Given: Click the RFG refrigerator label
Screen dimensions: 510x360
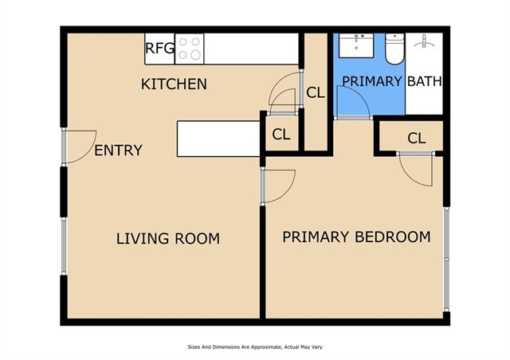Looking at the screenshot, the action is pos(159,49).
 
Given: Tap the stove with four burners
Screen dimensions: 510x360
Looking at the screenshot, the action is pos(190,49).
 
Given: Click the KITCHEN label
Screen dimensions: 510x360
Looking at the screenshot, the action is pos(174,84).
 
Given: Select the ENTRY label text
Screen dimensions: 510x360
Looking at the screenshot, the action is pos(119,151).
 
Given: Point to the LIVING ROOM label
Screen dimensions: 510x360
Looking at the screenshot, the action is pos(168,239).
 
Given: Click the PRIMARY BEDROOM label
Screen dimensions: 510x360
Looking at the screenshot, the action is pos(356,237).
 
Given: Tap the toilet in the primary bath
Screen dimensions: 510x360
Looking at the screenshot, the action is pos(395,49).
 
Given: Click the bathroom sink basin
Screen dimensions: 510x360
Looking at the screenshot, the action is pos(356,45).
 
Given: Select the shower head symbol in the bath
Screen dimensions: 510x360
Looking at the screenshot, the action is pos(424,41).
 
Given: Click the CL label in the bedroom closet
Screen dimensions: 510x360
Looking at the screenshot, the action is pos(417,139).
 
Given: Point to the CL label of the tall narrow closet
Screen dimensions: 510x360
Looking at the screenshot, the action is pos(316,93).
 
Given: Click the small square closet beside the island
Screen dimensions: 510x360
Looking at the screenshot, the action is pos(282,133).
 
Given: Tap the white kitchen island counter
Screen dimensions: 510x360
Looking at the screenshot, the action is pos(218,139).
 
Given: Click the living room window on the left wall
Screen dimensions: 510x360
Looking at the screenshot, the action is pos(64,246).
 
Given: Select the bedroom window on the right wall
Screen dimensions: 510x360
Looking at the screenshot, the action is pos(446,259).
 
